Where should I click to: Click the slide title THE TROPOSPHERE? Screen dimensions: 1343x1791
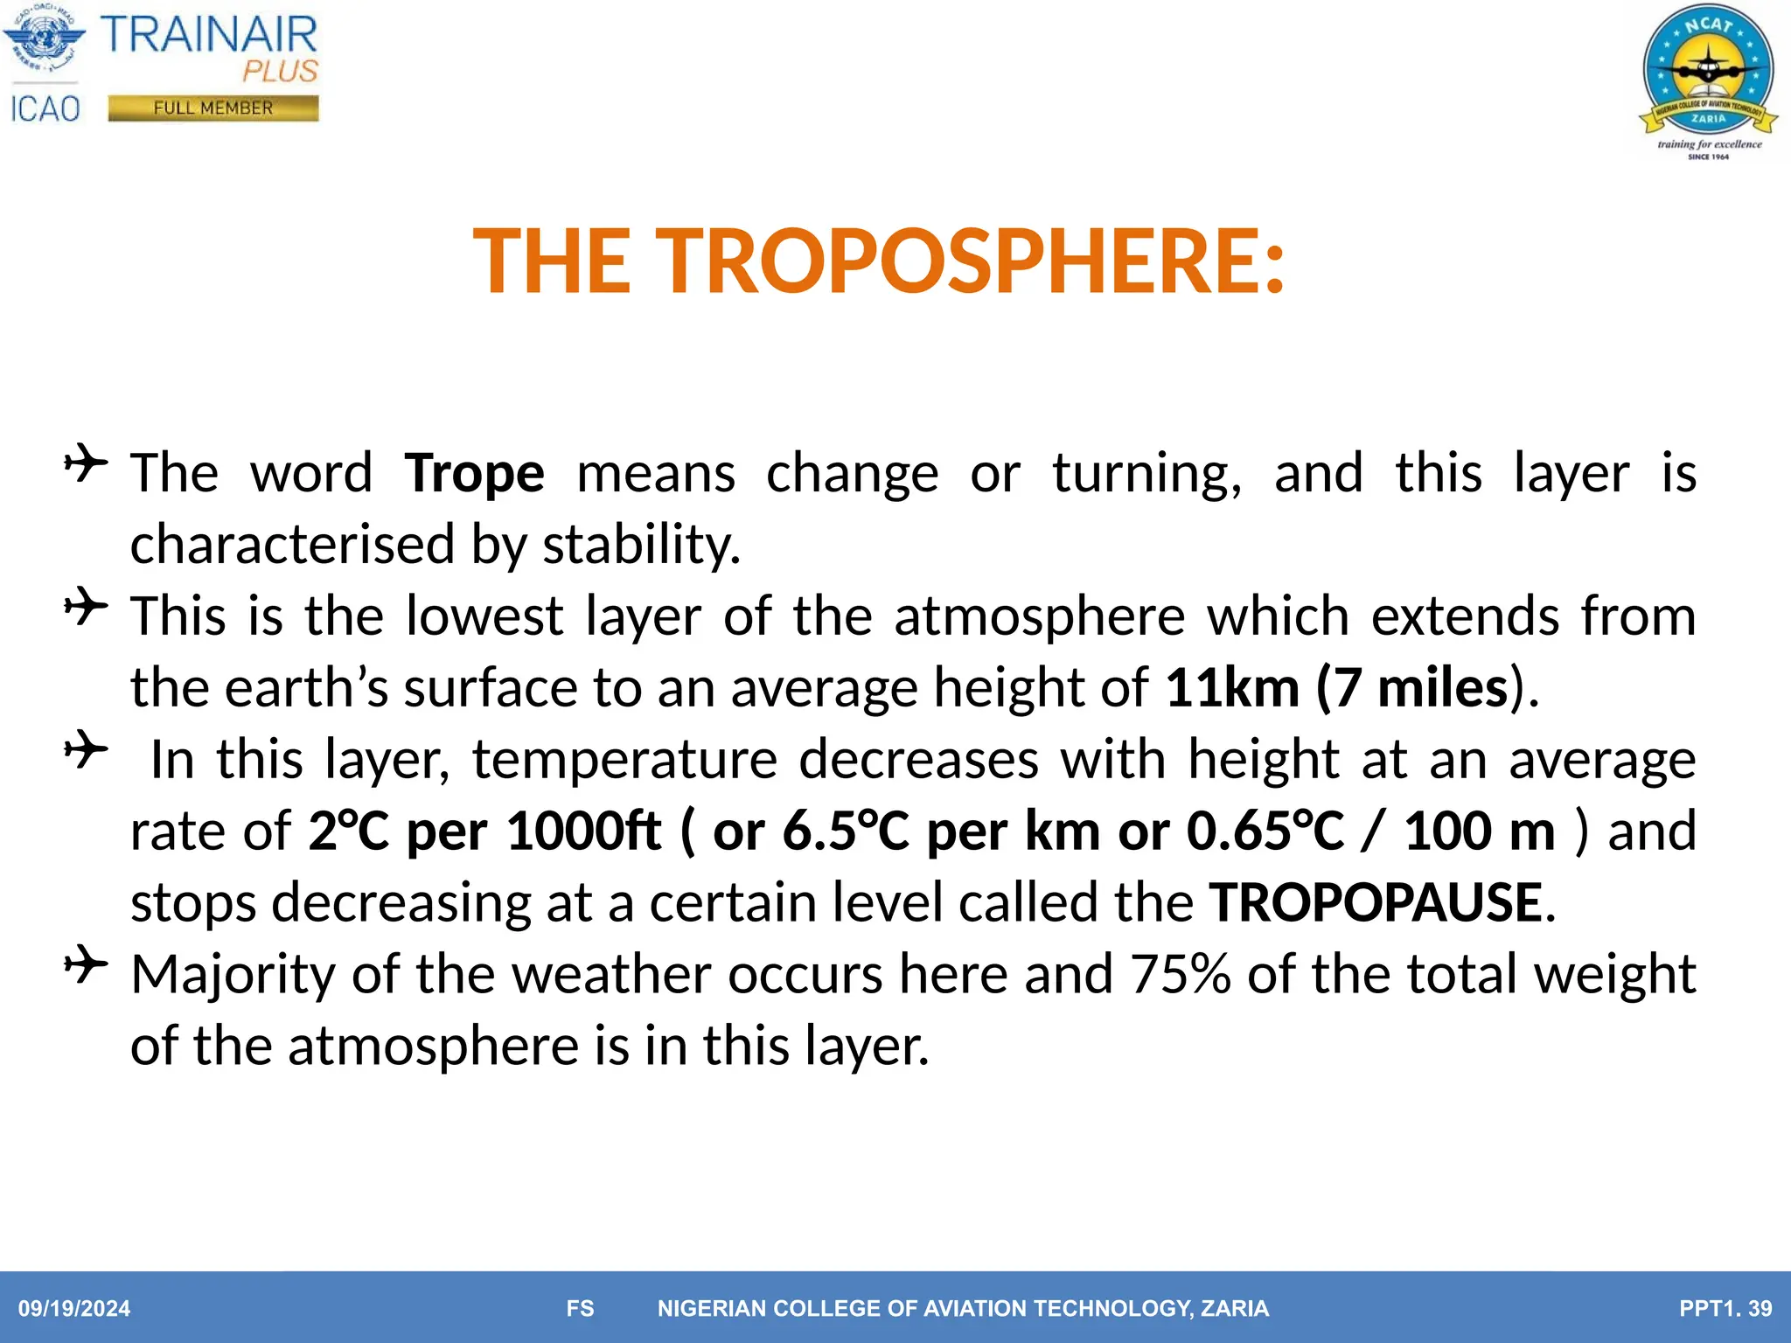click(x=878, y=261)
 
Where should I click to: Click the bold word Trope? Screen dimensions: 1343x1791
click(x=474, y=473)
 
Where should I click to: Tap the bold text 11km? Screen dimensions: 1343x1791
click(x=1232, y=687)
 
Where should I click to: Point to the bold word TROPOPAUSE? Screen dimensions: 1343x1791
click(x=1376, y=902)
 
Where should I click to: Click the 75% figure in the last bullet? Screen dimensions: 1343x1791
click(x=1180, y=974)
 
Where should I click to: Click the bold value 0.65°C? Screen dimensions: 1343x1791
click(x=1265, y=831)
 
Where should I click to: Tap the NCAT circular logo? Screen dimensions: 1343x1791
click(x=1707, y=73)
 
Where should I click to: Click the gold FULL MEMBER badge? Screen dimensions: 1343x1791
click(x=213, y=108)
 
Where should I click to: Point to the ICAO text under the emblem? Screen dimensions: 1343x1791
click(x=45, y=109)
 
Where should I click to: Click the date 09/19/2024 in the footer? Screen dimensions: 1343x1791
click(x=74, y=1309)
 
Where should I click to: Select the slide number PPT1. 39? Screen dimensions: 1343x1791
click(x=1725, y=1309)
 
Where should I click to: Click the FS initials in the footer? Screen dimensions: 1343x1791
click(x=580, y=1309)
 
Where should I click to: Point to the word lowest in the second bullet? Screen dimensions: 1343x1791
click(x=484, y=616)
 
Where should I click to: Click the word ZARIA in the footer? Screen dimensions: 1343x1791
click(x=1234, y=1309)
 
